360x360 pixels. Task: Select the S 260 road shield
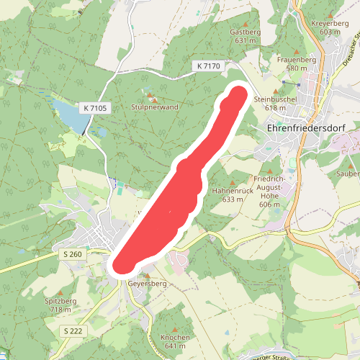[72, 255]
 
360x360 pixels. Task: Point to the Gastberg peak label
[245, 37]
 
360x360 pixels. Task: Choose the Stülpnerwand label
[154, 107]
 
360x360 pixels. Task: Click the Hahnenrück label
[230, 195]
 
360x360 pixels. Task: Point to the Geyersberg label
[147, 284]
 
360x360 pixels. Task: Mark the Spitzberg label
[60, 304]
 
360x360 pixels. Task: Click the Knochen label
[175, 341]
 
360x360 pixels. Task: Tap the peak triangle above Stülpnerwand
[150, 96]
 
